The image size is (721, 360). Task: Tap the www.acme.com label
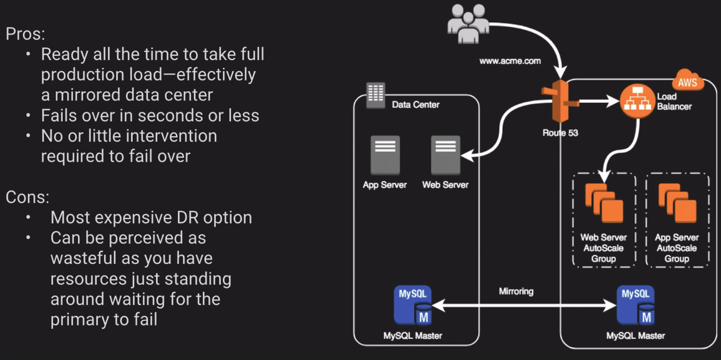tap(509, 61)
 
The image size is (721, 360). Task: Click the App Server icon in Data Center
tap(384, 156)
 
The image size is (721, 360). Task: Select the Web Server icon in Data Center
tap(445, 156)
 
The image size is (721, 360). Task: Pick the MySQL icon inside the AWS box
tap(635, 304)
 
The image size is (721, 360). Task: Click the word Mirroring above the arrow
tap(517, 291)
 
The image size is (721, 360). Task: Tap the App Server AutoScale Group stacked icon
tap(677, 202)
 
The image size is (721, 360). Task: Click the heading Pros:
tap(26, 34)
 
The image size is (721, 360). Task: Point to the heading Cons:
tap(27, 197)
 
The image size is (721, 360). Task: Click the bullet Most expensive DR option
tap(151, 217)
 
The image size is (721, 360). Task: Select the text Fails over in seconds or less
tap(150, 115)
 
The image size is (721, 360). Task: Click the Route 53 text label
tap(560, 133)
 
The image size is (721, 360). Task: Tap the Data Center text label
tap(415, 104)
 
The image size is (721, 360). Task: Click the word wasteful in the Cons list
tap(83, 258)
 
